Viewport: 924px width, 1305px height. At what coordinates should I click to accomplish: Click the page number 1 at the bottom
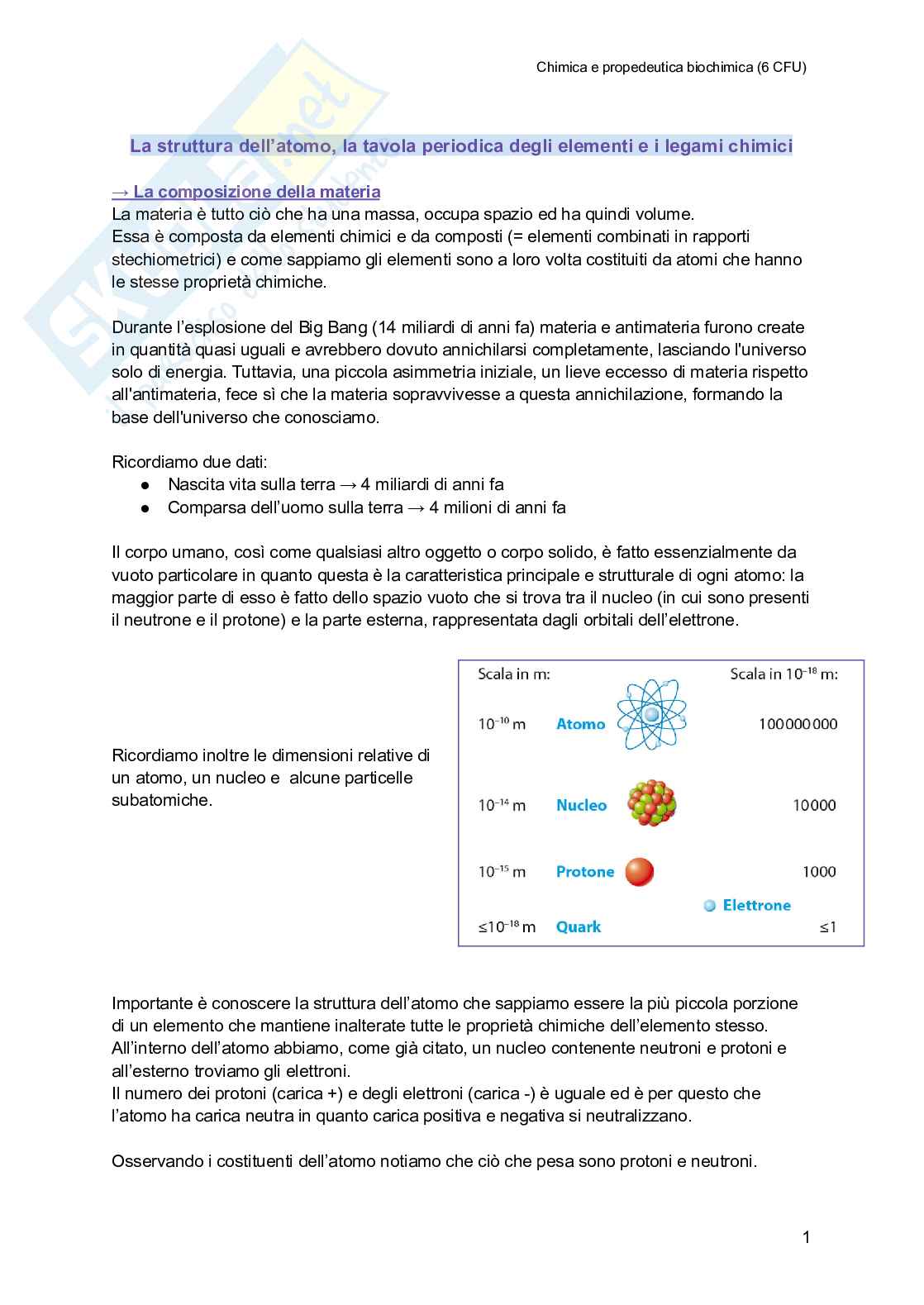point(806,1237)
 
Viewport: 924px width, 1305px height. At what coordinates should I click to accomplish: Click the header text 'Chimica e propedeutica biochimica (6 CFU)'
point(670,68)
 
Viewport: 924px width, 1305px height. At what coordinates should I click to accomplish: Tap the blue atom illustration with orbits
point(651,715)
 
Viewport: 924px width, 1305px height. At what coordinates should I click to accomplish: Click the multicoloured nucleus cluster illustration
point(652,803)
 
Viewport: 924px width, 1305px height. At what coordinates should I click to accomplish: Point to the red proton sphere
point(639,871)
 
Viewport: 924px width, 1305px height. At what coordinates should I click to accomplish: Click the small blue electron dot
point(709,906)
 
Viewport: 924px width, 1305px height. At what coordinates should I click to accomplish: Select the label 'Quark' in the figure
point(579,926)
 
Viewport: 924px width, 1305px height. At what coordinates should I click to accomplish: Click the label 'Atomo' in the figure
point(580,724)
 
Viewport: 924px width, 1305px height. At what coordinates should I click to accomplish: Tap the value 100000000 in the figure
point(798,724)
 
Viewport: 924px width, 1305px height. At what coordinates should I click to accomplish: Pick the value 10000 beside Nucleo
point(814,805)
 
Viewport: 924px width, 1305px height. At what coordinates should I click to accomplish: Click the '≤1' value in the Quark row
point(827,927)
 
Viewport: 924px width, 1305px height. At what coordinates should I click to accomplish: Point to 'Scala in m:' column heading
point(513,674)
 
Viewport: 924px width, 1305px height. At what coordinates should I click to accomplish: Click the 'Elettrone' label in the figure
point(756,905)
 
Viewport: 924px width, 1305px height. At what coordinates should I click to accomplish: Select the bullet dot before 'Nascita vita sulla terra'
point(145,485)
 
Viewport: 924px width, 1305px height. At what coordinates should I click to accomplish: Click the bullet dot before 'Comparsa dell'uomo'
point(145,508)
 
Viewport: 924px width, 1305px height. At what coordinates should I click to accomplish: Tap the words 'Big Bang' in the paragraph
point(333,327)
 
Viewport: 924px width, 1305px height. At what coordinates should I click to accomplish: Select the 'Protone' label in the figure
point(584,871)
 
